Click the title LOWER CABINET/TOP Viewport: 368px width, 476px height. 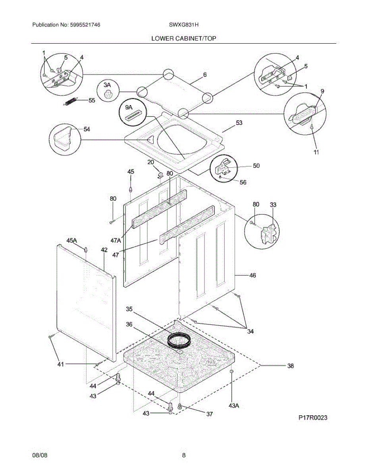(x=184, y=38)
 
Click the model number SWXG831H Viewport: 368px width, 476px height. (x=183, y=25)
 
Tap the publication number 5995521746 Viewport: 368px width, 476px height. (x=84, y=25)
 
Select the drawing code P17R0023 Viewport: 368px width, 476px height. (x=313, y=418)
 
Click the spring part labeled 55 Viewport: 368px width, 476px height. (x=71, y=102)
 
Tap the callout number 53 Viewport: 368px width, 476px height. (x=239, y=123)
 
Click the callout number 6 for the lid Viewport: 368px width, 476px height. (x=205, y=75)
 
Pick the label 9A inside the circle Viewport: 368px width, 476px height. (x=129, y=107)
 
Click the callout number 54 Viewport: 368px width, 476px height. (x=87, y=129)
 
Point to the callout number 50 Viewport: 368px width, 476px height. (x=256, y=166)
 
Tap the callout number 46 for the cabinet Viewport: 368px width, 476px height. (x=252, y=275)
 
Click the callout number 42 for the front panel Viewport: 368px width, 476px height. (x=104, y=250)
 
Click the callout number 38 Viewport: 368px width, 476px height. (x=290, y=366)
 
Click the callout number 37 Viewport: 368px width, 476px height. (x=209, y=414)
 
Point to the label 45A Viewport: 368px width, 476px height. (x=71, y=240)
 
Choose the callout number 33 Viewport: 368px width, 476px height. (x=273, y=205)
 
